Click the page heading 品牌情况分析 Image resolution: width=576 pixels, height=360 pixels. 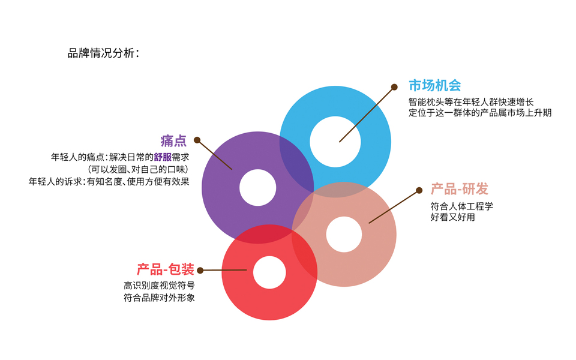pyautogui.click(x=103, y=53)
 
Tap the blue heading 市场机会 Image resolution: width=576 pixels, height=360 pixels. pyautogui.click(x=434, y=86)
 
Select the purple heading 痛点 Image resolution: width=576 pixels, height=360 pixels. pyautogui.click(x=173, y=141)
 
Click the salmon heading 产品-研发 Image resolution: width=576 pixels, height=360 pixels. pyautogui.click(x=459, y=190)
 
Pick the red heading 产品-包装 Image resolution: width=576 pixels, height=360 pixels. pyautogui.click(x=165, y=270)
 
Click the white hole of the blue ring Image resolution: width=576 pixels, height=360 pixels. pyautogui.click(x=335, y=142)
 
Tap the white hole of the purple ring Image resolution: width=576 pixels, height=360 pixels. pyautogui.click(x=258, y=188)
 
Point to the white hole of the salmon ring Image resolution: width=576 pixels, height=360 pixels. pyautogui.click(x=344, y=235)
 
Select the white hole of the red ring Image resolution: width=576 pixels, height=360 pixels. pyautogui.click(x=269, y=272)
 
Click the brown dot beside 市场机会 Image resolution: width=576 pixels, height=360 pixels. pyautogui.click(x=394, y=87)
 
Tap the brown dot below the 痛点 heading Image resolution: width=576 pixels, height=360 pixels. pyautogui.click(x=197, y=140)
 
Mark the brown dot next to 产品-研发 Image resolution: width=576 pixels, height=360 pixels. pyautogui.click(x=419, y=190)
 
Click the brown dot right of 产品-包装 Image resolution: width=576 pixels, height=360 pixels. pyautogui.click(x=200, y=271)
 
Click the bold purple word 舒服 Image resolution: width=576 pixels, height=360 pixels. pyautogui.click(x=163, y=158)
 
